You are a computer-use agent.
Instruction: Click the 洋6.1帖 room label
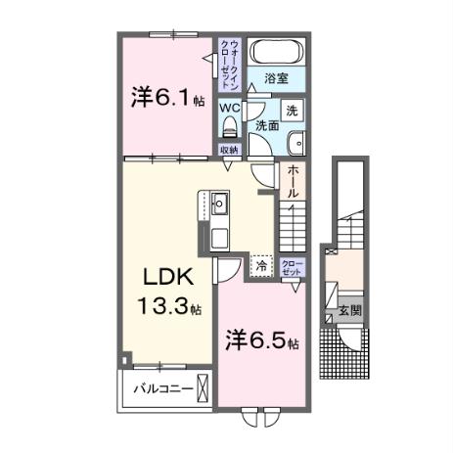click(168, 98)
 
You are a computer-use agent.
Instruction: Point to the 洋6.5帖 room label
click(263, 344)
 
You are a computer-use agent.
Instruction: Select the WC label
click(230, 109)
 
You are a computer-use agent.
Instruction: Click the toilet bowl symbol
click(230, 128)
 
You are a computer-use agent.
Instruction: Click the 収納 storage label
click(229, 150)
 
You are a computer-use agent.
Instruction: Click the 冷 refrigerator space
click(261, 264)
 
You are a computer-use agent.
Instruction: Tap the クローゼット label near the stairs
click(292, 268)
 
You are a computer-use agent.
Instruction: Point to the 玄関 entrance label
click(349, 311)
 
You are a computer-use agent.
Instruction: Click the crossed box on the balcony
click(202, 388)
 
